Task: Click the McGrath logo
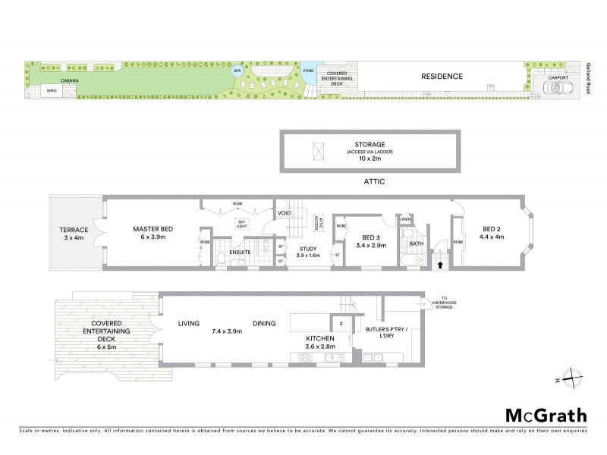[546, 415]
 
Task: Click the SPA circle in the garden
[237, 71]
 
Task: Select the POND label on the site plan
[308, 71]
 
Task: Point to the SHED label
[52, 90]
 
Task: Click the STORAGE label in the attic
[371, 144]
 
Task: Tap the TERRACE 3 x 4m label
[75, 234]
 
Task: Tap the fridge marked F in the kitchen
[341, 324]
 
